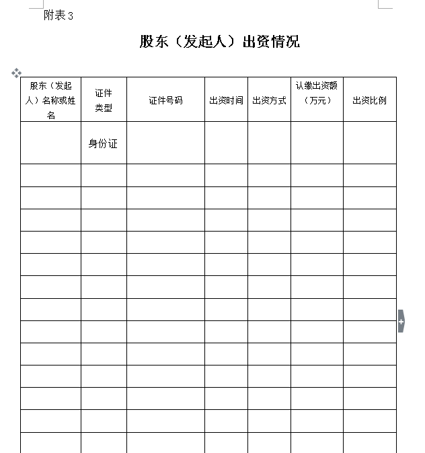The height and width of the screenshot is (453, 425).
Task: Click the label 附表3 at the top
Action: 59,15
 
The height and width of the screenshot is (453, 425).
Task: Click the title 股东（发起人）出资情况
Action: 219,42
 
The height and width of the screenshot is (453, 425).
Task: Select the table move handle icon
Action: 16,73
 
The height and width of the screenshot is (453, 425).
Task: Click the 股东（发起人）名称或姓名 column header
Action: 50,100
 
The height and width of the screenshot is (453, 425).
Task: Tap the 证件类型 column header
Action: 104,100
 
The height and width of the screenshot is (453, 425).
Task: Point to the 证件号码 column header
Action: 165,100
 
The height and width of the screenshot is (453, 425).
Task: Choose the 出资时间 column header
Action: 226,100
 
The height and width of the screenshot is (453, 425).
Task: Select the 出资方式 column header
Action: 269,100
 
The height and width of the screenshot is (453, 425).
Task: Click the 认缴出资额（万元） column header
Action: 317,93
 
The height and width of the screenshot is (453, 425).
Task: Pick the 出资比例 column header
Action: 369,100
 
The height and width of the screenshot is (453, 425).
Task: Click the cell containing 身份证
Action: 103,143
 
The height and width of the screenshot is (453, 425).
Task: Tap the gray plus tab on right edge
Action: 401,321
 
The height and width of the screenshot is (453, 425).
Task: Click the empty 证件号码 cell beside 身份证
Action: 165,143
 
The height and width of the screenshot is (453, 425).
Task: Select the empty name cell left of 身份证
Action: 50,143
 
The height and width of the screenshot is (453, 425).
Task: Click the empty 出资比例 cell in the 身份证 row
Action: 369,143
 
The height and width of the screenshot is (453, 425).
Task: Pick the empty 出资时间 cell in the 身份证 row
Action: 226,143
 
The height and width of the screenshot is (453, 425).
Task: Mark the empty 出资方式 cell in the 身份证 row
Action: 269,143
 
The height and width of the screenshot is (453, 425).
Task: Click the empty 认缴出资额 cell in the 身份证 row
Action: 317,143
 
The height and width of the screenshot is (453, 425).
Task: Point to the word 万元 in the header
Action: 317,101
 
